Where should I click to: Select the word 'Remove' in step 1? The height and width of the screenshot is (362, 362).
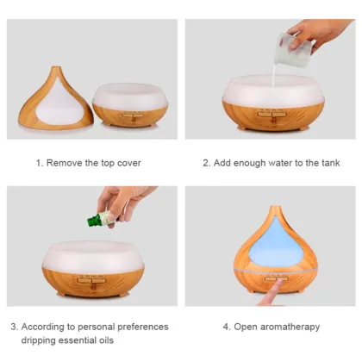point(66,163)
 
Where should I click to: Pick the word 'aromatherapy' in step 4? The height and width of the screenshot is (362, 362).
point(290,327)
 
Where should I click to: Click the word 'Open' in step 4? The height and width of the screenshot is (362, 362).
point(244,327)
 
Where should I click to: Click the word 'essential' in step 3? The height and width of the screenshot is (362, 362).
point(85,340)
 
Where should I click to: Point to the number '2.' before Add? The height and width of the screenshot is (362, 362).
point(207,163)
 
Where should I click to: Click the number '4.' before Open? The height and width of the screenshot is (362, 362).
point(227,327)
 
